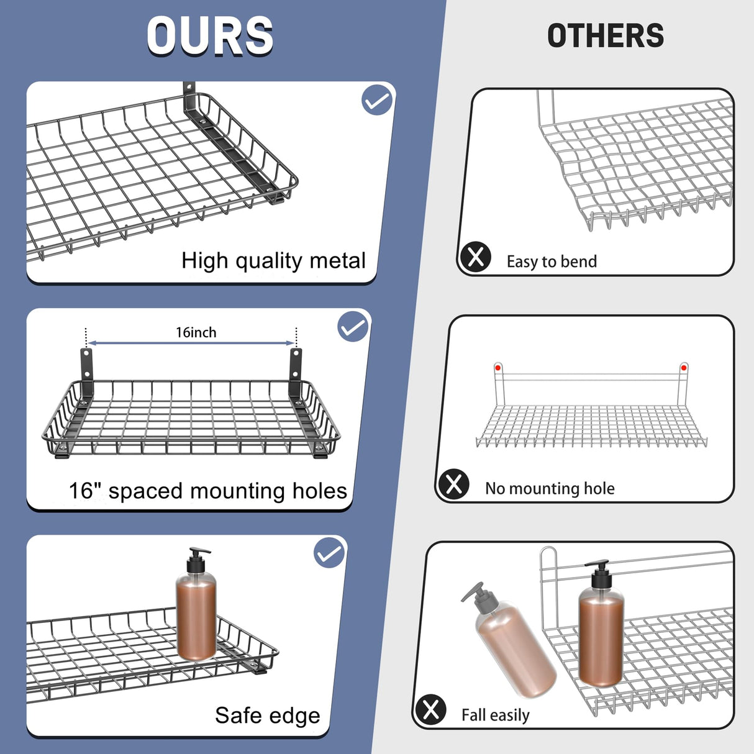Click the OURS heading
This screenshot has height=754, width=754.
[210, 36]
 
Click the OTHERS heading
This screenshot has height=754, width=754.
[606, 36]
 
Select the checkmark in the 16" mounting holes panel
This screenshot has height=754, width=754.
[353, 327]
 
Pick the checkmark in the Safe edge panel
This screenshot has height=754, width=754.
[329, 553]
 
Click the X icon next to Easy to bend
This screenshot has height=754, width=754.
[476, 257]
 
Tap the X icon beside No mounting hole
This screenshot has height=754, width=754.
[454, 484]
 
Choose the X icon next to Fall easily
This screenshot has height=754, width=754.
[430, 710]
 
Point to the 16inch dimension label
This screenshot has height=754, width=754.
[196, 333]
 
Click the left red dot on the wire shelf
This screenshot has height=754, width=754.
[497, 368]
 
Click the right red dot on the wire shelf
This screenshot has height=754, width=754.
[684, 368]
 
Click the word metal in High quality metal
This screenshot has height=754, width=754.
[338, 261]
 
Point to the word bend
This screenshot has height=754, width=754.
[578, 261]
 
